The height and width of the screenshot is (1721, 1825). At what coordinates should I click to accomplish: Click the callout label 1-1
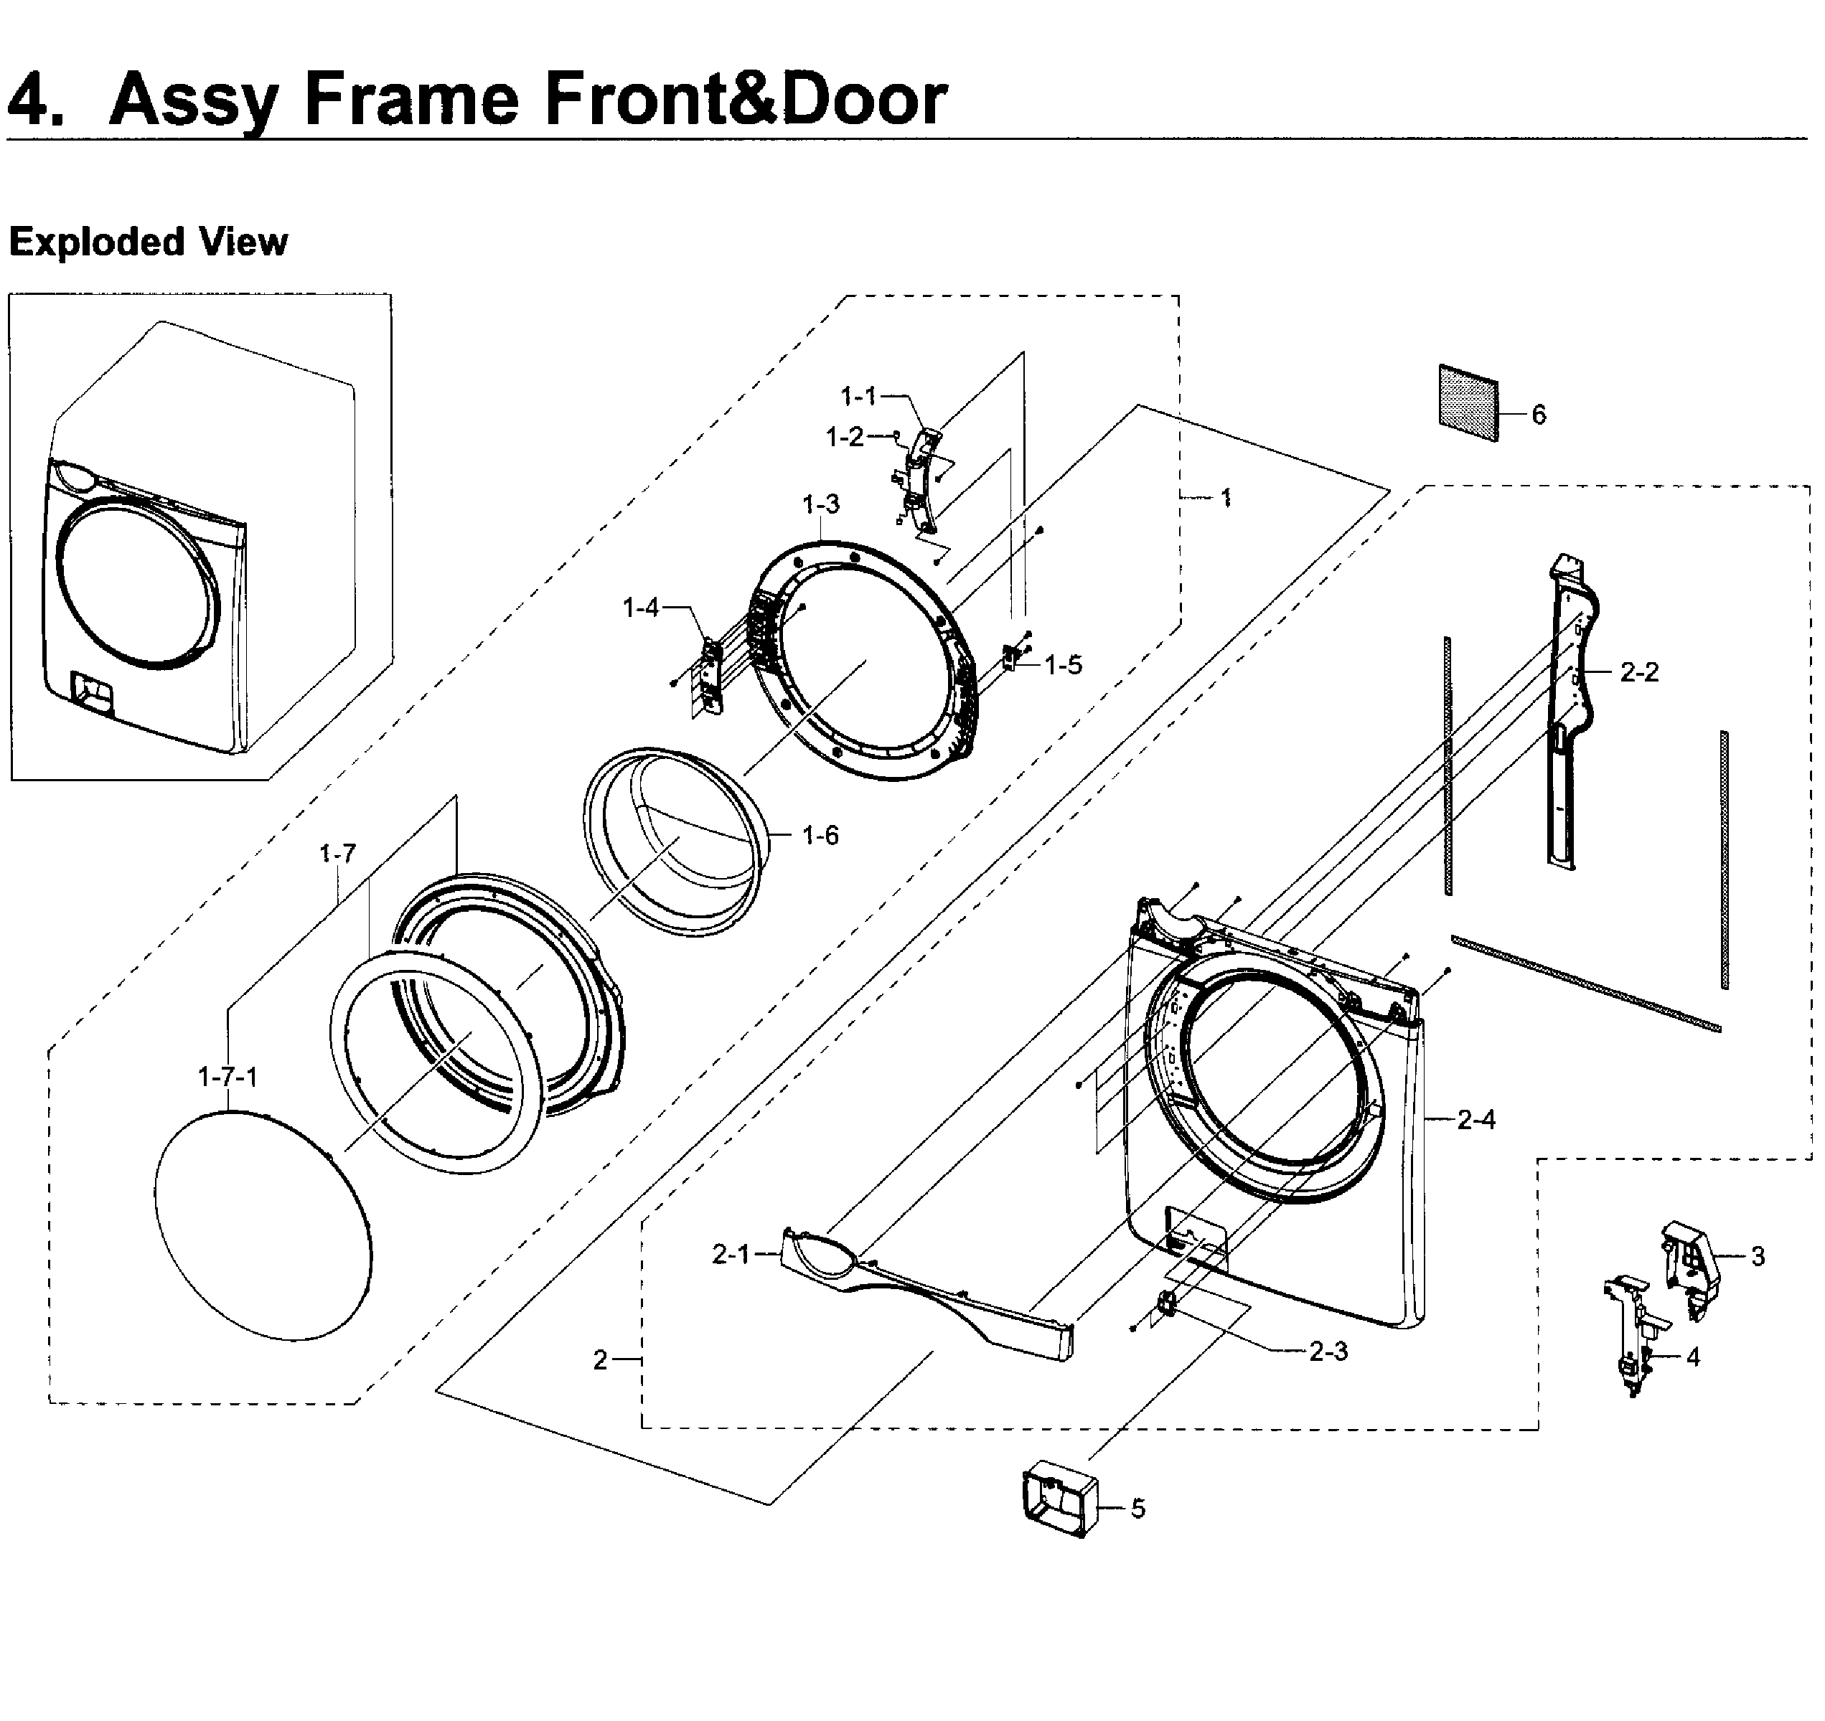coord(858,397)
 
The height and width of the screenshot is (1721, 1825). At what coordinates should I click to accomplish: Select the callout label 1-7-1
coord(227,1077)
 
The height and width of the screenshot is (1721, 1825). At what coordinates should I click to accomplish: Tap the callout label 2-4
coord(1476,1120)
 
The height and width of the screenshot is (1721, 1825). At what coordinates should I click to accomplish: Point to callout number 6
coord(1539,415)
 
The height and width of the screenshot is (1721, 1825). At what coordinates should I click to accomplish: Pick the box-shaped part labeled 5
coord(1059,1499)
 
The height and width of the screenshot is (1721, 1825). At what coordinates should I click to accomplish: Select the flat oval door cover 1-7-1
coord(264,1225)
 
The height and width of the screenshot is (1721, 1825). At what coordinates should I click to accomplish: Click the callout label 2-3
coord(1328,1351)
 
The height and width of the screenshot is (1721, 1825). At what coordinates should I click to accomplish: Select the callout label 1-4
coord(640,608)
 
